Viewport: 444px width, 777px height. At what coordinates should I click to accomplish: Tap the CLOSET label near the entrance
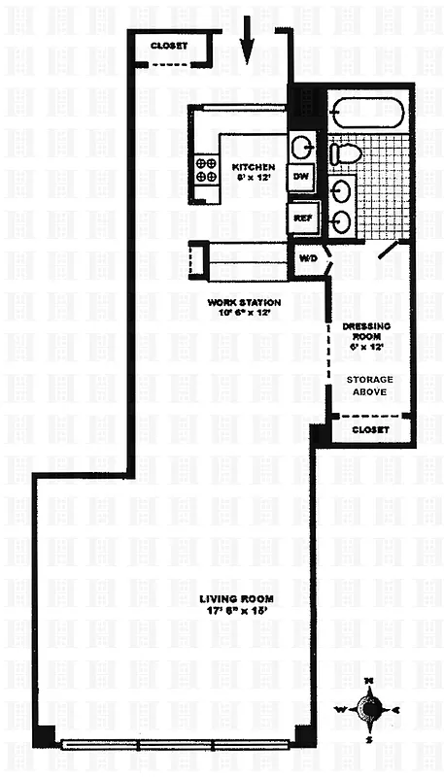point(169,46)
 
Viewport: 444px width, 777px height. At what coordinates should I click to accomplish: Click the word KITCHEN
point(254,167)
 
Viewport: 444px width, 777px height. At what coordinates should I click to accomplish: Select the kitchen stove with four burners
point(206,171)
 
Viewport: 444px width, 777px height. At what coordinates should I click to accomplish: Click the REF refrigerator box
point(302,219)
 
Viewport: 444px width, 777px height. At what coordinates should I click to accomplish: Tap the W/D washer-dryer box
point(308,260)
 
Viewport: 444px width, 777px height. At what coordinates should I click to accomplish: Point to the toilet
point(344,153)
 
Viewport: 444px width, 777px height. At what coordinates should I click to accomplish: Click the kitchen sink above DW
point(302,148)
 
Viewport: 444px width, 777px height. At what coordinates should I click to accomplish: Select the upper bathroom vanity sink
point(341,187)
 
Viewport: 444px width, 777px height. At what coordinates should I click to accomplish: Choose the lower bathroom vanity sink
point(341,221)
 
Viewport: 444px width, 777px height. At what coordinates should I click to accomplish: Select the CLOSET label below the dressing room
point(369,429)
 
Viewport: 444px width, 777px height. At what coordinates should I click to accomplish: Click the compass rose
point(369,713)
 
